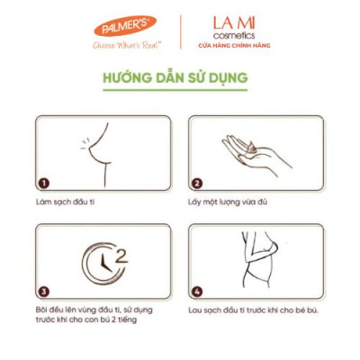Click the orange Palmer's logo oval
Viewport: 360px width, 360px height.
124,26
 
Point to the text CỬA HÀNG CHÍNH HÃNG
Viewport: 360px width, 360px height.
233,44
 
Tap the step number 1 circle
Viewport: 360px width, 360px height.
44,183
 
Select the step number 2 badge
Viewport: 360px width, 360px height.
197,183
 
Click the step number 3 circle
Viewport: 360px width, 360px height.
44,291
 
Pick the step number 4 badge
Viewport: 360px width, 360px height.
197,291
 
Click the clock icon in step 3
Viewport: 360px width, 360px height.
102,263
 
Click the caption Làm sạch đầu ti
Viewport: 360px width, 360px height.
67,202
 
